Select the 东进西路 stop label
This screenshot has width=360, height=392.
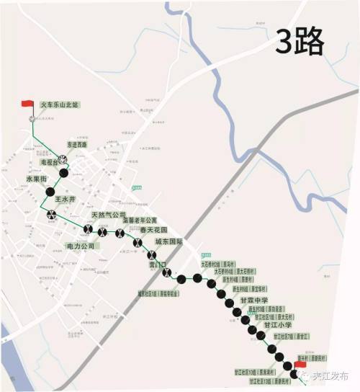[77, 144]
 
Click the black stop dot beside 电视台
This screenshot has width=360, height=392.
[64, 173]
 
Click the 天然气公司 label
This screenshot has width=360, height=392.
[109, 215]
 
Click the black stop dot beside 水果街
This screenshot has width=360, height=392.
[50, 192]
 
